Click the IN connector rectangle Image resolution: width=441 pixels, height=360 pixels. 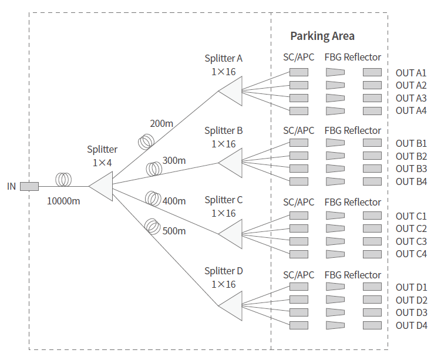pos(29,187)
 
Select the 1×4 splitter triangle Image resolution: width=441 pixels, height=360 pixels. pos(102,186)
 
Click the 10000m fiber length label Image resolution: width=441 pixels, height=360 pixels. pos(63,201)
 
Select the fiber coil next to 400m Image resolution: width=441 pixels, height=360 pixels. pos(153,198)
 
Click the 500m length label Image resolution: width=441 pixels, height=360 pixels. pos(174,231)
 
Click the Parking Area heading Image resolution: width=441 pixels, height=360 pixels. pos(322,36)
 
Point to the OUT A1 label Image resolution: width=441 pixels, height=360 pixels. pos(411,73)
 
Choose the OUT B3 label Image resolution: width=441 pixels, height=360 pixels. pos(411,169)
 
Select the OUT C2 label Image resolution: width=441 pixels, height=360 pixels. pos(411,228)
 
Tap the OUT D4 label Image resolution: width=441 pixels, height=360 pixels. pos(411,325)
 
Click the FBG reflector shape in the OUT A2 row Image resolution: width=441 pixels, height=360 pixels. pos(335,85)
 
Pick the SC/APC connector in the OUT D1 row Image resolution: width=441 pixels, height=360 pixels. pos(299,287)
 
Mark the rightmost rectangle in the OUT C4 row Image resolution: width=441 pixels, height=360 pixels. pos(372,254)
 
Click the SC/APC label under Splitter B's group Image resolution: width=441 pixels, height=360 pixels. pos(299,130)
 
